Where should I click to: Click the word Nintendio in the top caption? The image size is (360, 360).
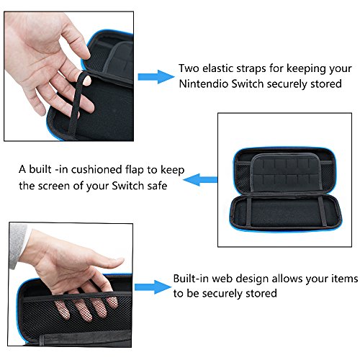203,84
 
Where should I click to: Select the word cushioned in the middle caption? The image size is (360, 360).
96,169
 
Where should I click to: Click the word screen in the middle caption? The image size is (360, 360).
54,186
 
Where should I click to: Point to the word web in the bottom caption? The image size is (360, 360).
222,279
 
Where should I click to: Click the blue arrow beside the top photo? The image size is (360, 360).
156,77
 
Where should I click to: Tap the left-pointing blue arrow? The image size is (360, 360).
201,180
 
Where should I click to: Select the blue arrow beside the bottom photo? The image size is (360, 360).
153,287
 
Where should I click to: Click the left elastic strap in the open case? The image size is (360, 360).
249,212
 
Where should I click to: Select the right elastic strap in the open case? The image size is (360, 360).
323,212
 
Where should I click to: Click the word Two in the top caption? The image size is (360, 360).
189,68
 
